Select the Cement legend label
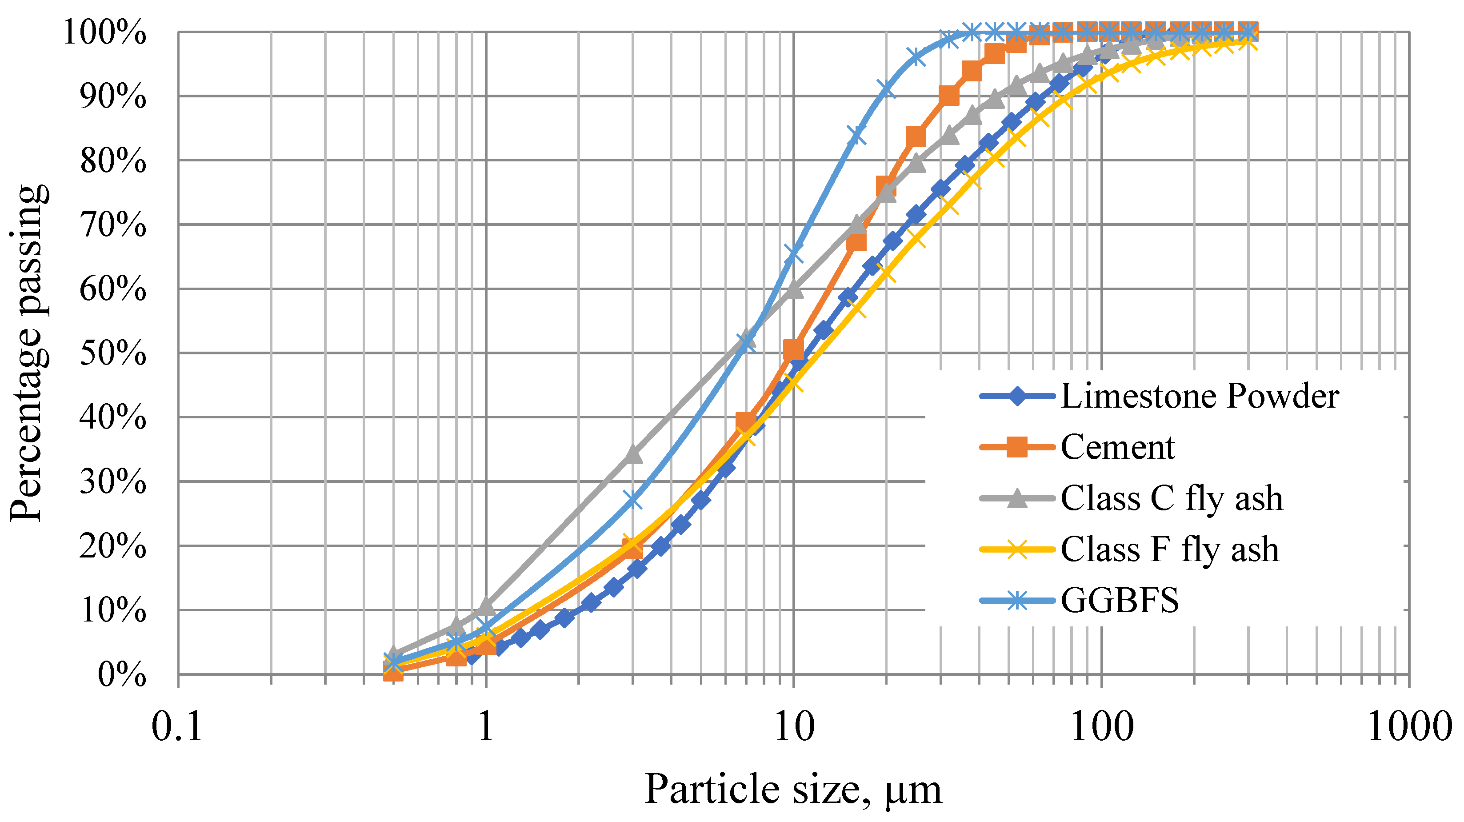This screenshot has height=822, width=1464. pos(1117,447)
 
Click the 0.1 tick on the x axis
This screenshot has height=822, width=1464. pos(177,727)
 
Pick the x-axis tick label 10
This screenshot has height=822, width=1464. pos(794,727)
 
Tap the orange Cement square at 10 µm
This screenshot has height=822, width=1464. pos(793,349)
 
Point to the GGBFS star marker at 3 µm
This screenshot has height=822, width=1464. pos(632,500)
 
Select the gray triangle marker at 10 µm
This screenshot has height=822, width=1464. pos(794,289)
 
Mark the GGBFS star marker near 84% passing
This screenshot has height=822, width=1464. pos(856,135)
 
